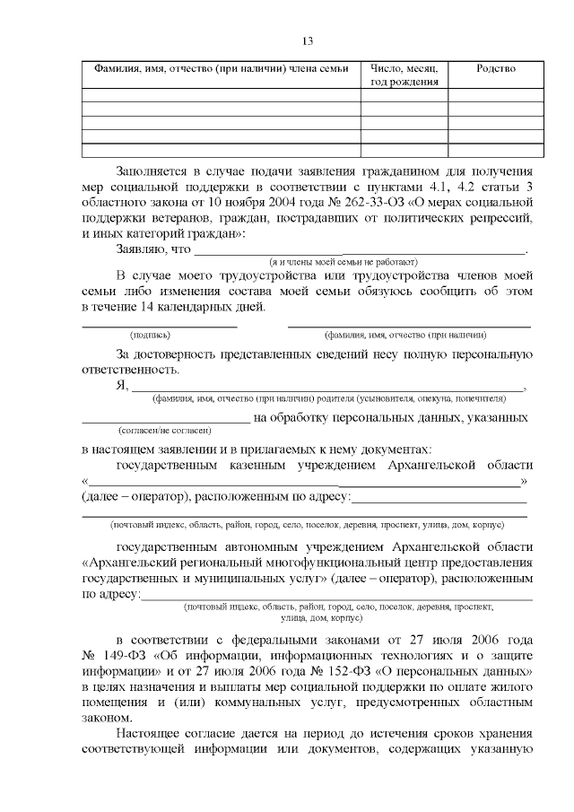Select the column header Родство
(496, 68)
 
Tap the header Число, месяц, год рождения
(404, 74)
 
